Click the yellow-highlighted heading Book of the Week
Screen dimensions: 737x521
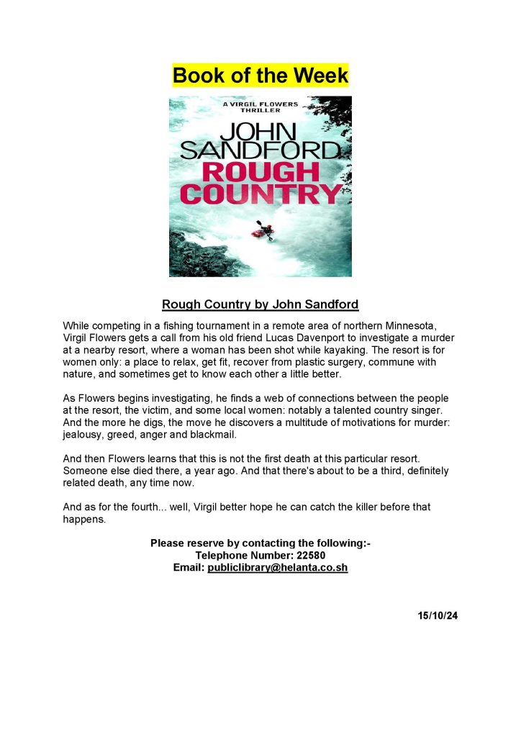pos(260,75)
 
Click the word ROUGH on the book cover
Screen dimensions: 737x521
pos(260,172)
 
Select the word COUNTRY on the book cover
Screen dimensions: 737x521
pos(260,194)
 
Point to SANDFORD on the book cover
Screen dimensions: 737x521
pos(260,150)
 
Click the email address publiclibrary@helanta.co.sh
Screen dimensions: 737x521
pos(278,567)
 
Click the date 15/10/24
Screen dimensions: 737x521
pos(437,616)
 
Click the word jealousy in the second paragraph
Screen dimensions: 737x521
pos(84,435)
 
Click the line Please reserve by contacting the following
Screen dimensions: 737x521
pos(260,543)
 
